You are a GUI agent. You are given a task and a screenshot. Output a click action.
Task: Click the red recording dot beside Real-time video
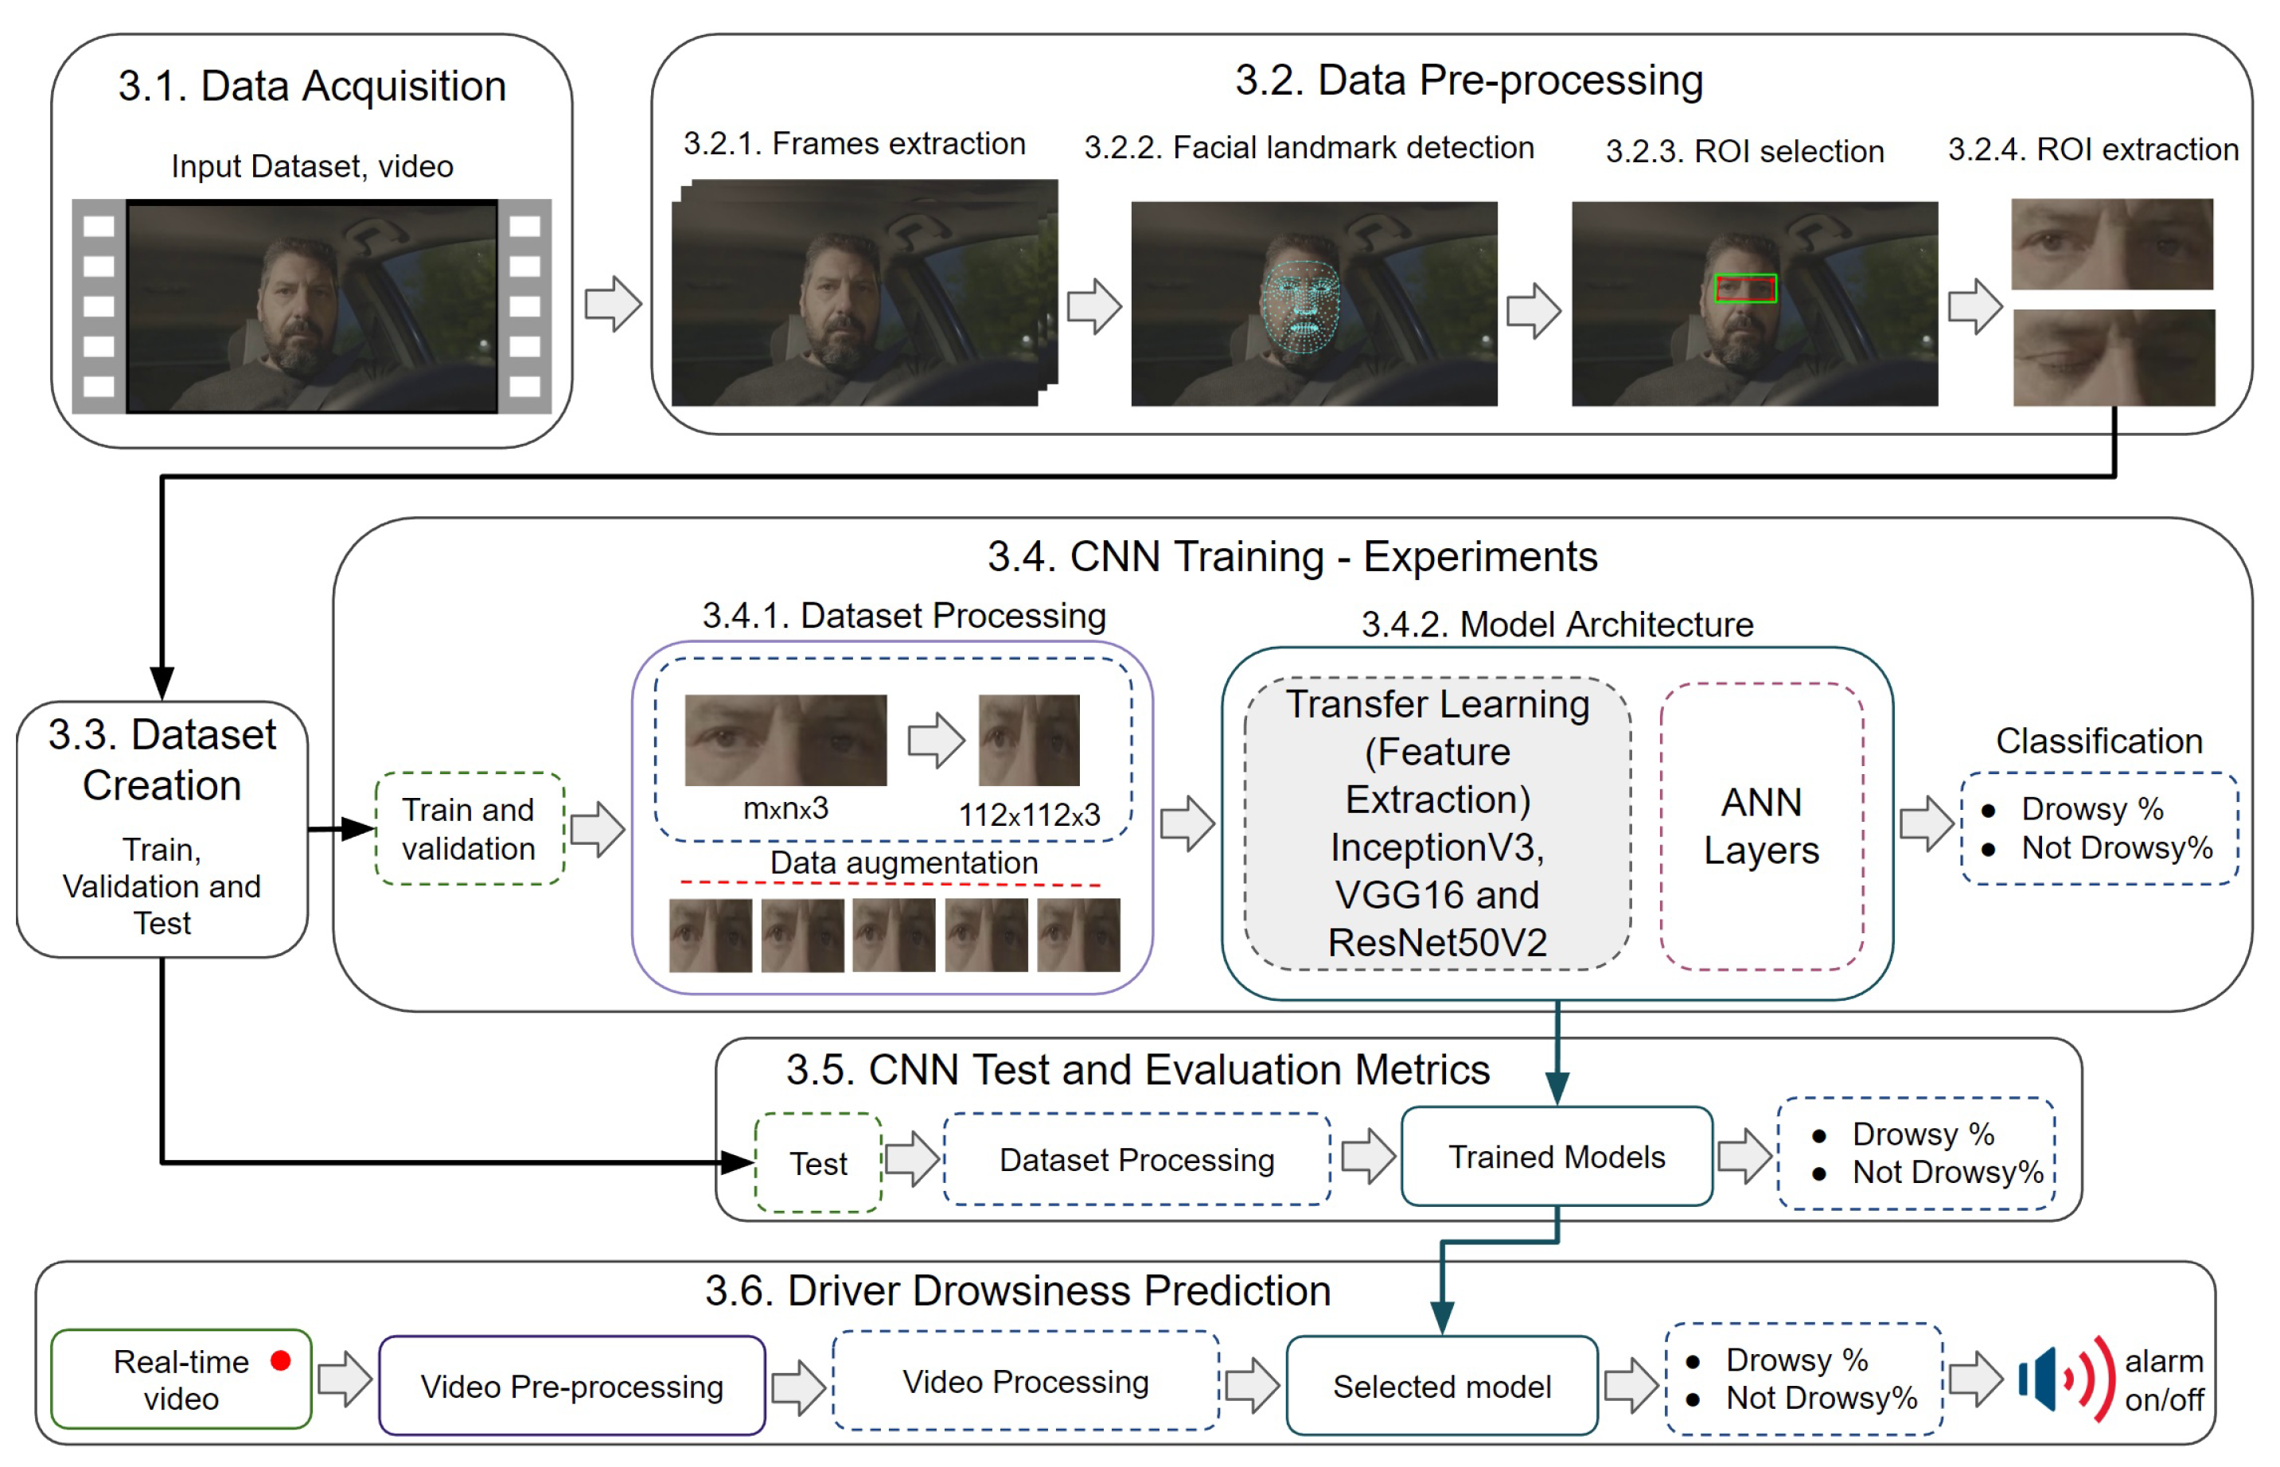coord(280,1360)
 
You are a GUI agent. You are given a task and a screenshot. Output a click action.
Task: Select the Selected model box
coord(1440,1385)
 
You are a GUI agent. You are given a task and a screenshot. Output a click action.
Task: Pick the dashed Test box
coord(817,1162)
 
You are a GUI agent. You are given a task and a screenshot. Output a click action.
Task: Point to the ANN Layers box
coord(1761,825)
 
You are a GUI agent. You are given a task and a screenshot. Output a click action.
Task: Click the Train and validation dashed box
coord(469,828)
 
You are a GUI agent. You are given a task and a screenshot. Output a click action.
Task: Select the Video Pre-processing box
coord(571,1385)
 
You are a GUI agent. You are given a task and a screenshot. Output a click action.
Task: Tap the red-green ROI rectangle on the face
coord(1744,288)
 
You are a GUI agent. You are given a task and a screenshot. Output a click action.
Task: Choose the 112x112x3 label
coord(1028,815)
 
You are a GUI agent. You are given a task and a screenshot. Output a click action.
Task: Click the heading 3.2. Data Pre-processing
coord(1468,80)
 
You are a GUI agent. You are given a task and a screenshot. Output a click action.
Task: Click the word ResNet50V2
coord(1436,942)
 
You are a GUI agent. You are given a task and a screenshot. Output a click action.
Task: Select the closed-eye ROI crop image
coord(2112,358)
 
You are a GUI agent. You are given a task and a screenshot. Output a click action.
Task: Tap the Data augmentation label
coord(903,862)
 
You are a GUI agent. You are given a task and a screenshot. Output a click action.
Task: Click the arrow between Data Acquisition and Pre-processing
coord(613,304)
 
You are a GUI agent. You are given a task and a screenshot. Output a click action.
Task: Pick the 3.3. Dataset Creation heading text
coord(162,759)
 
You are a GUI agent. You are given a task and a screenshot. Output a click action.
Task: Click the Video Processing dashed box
coord(1025,1380)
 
